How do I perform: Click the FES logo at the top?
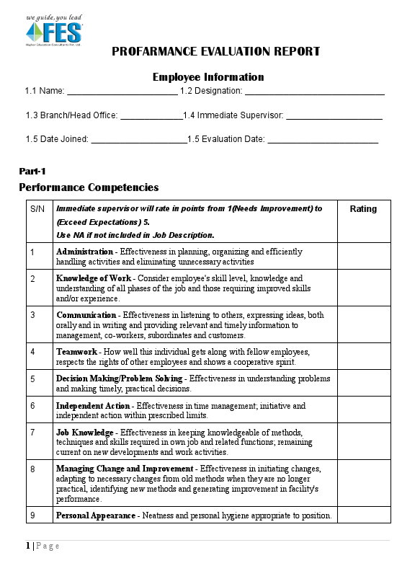point(54,31)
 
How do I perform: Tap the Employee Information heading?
point(208,77)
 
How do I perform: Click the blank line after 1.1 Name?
point(122,92)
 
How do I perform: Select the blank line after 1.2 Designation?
point(314,92)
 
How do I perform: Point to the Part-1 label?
point(32,171)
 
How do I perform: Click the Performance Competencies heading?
point(89,187)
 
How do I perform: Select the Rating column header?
point(363,209)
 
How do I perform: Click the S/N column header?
point(38,209)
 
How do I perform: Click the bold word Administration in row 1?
point(84,252)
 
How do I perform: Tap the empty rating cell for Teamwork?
point(363,357)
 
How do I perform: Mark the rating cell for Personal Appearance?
point(363,515)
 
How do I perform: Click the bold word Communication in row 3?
point(86,315)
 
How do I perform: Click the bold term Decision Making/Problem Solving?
point(120,379)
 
